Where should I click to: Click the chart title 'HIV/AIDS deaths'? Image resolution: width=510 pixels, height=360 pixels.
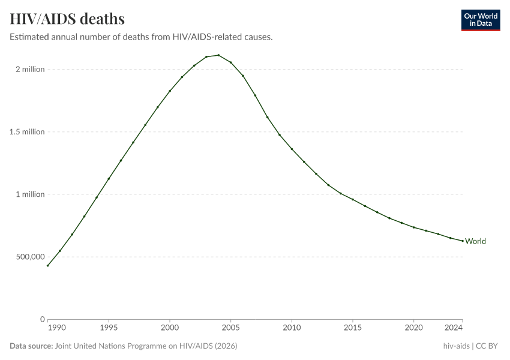tap(67, 19)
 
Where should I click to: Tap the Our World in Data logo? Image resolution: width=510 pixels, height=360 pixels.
tap(480, 20)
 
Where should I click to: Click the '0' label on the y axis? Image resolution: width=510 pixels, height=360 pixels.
tap(42, 319)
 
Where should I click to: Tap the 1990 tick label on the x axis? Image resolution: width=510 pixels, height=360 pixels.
tap(56, 328)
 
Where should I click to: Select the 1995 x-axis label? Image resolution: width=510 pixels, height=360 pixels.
tap(109, 328)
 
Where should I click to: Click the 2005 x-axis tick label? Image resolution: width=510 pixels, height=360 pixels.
tap(230, 328)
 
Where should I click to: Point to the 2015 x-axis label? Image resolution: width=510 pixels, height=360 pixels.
tap(353, 328)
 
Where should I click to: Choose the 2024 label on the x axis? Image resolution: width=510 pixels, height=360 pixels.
tap(454, 328)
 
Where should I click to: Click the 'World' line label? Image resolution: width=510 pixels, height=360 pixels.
tap(475, 241)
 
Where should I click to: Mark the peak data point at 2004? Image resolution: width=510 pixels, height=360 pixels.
tap(218, 55)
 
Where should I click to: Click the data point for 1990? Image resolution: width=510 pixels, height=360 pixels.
tap(48, 265)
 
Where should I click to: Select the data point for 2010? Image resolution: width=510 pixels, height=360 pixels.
tap(292, 149)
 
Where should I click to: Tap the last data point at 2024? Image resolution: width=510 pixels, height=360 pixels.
tap(462, 241)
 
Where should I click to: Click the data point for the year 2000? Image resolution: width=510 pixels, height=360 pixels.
tap(170, 91)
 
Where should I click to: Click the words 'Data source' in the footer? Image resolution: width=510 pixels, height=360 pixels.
tap(31, 346)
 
